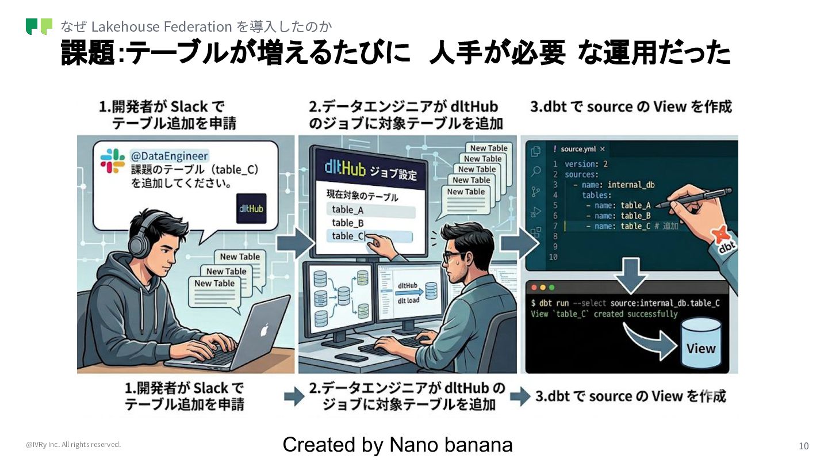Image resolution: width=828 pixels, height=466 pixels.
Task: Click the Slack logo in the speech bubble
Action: [112, 161]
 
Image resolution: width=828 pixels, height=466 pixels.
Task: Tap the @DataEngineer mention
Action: [170, 155]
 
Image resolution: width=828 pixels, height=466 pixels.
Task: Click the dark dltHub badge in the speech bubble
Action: [251, 208]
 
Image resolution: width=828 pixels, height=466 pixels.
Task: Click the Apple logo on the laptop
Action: [264, 330]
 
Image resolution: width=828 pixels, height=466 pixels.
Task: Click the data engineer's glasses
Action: [454, 257]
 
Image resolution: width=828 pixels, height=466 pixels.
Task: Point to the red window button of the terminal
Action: [534, 287]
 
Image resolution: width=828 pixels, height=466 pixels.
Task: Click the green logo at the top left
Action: [39, 26]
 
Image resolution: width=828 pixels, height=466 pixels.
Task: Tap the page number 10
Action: [803, 446]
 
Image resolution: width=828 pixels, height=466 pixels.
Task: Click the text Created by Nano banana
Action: [397, 445]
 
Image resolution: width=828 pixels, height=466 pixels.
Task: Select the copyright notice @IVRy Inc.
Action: [73, 445]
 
